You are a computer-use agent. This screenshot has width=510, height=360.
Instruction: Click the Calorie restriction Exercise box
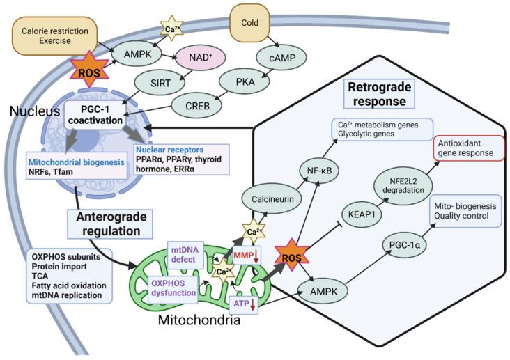point(55,37)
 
